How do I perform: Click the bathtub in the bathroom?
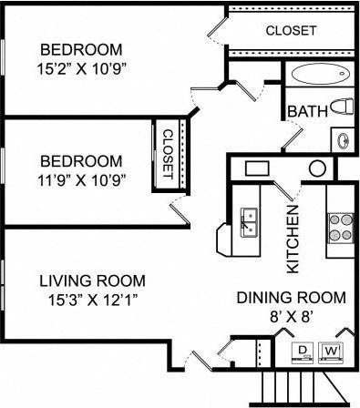[320, 75]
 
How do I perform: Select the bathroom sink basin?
[344, 139]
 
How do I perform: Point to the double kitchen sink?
[248, 221]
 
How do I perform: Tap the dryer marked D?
[302, 349]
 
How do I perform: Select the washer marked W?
[334, 349]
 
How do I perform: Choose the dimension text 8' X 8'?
[291, 318]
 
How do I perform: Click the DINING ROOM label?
[291, 297]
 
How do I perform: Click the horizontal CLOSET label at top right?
[291, 31]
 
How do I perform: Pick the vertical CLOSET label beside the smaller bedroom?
[168, 152]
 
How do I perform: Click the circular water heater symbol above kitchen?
[316, 168]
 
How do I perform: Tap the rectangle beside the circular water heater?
[256, 168]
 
